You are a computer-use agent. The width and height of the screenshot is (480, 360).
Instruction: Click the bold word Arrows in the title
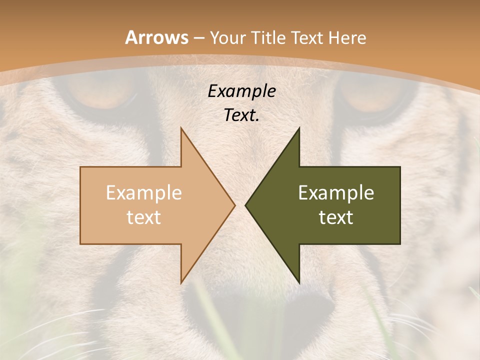(x=156, y=37)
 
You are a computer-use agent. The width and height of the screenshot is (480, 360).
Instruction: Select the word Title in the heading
(x=271, y=37)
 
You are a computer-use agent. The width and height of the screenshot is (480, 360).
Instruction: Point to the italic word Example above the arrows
(x=241, y=91)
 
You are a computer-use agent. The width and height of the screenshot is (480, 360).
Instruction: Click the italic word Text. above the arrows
(x=241, y=115)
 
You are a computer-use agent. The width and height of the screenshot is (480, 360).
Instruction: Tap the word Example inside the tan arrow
(x=143, y=192)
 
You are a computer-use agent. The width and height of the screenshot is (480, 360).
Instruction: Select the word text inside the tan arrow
(x=143, y=217)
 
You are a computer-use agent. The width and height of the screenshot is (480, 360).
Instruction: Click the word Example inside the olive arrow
(x=336, y=192)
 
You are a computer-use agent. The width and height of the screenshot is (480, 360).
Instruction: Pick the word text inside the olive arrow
(x=336, y=217)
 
